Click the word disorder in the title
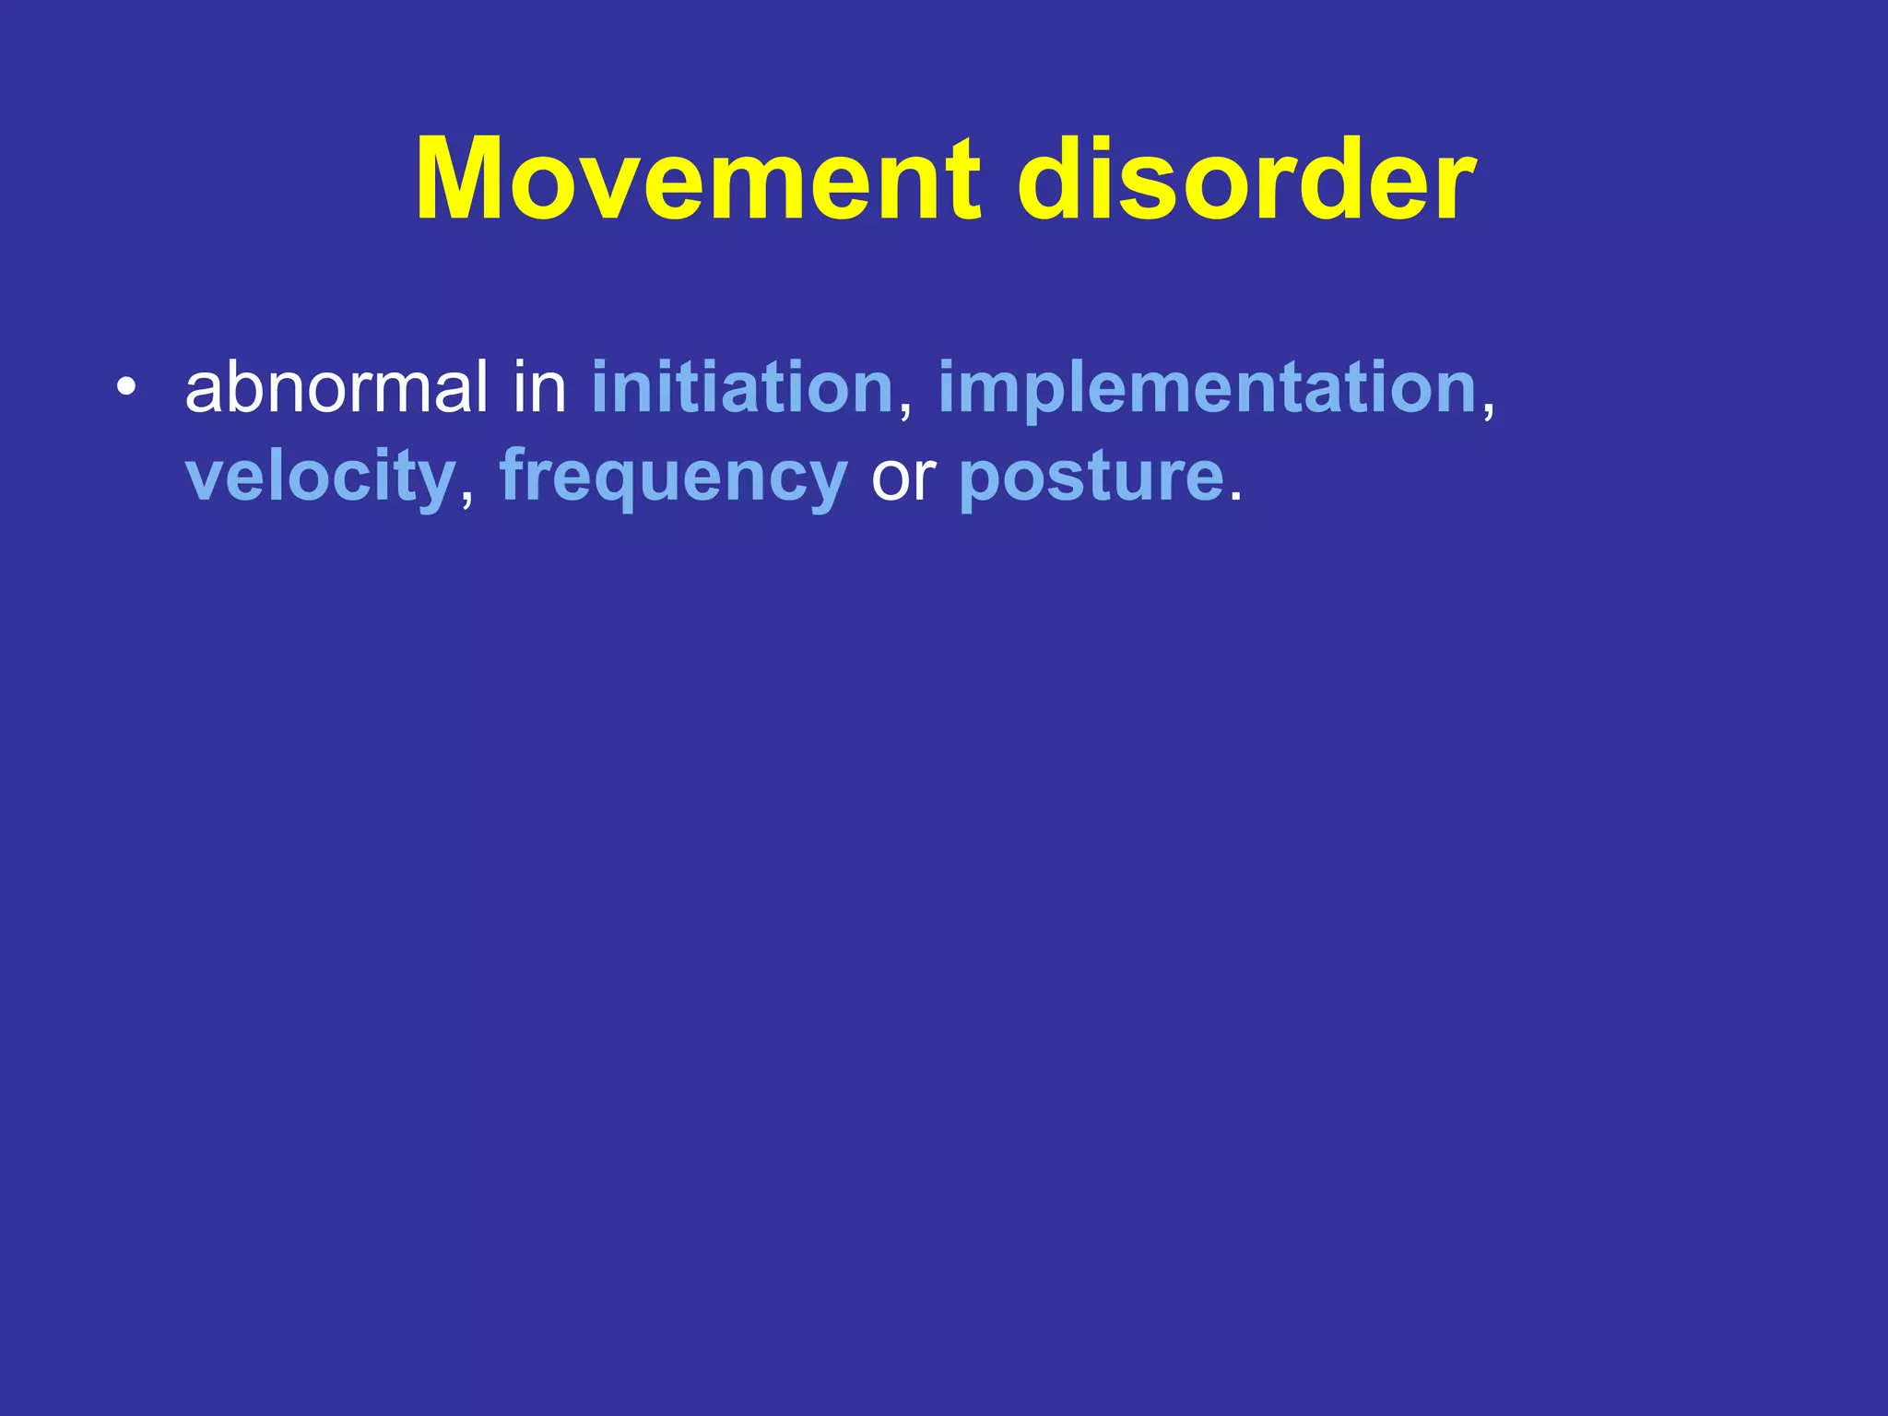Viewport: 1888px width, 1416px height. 1246,179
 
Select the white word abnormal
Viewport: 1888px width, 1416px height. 336,387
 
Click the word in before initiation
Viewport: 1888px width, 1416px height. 539,387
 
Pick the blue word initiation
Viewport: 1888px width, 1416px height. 742,387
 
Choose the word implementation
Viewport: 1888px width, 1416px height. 1209,387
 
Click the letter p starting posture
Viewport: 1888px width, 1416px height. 979,483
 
